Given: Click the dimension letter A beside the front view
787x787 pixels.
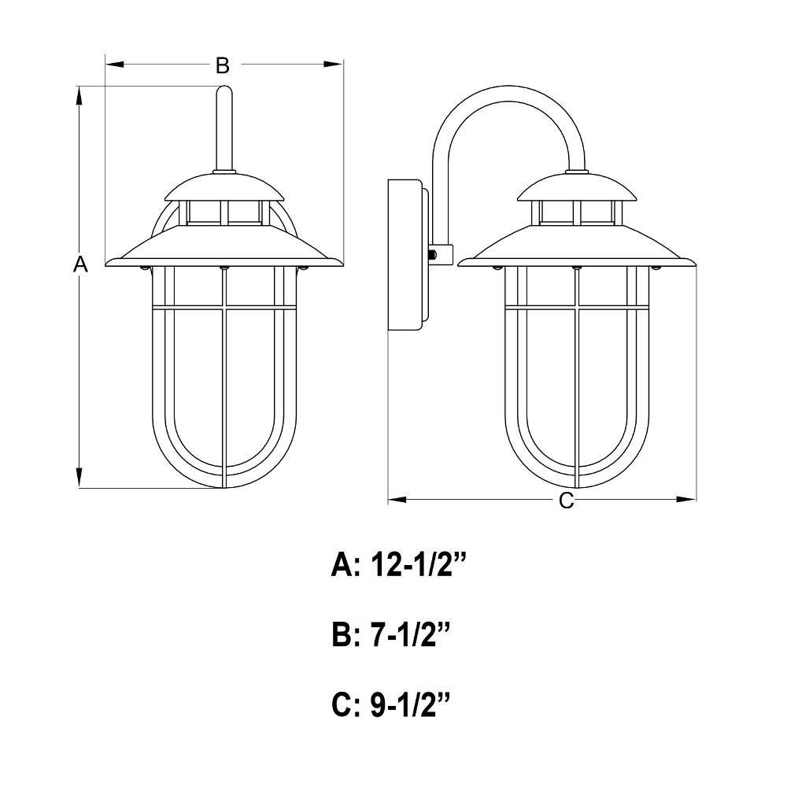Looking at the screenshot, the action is tap(79, 264).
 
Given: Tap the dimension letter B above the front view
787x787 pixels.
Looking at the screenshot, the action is tap(223, 65).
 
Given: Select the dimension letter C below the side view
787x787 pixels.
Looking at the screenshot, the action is tap(566, 500).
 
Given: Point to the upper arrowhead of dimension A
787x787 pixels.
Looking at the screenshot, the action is tap(79, 96).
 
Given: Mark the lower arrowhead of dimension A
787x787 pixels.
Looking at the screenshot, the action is tap(79, 478).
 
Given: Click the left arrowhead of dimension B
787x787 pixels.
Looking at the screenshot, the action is tap(115, 65).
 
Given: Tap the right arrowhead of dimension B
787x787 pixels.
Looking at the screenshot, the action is tap(333, 65).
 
